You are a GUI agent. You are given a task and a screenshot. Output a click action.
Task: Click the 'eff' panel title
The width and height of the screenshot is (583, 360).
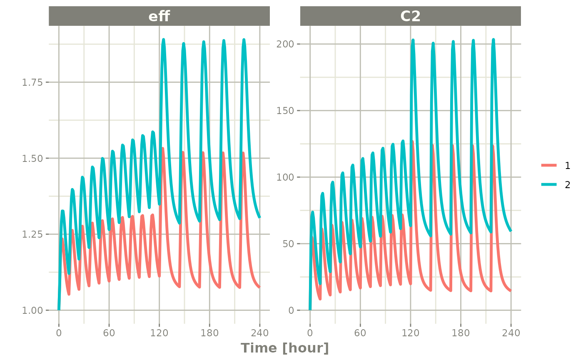[x=159, y=16]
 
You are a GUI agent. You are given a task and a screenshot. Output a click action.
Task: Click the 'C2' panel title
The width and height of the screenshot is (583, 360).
[x=410, y=16]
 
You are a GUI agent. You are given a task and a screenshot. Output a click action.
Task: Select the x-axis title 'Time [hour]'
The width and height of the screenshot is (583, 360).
[x=285, y=348]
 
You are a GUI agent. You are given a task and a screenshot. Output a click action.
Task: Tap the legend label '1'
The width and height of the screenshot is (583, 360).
[x=568, y=166]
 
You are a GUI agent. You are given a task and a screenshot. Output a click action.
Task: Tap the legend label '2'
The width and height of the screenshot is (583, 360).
[x=568, y=185]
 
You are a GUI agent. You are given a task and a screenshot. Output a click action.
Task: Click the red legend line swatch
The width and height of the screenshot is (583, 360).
[x=549, y=166]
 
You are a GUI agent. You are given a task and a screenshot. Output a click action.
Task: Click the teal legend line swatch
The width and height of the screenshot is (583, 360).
[x=549, y=185]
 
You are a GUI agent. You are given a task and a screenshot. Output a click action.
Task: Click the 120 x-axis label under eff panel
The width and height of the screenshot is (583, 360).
[x=159, y=333]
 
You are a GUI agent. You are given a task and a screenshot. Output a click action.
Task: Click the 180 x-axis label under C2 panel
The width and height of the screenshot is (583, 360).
[x=461, y=333]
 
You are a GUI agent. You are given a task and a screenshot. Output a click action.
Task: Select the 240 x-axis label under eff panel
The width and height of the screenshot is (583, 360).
[x=260, y=333]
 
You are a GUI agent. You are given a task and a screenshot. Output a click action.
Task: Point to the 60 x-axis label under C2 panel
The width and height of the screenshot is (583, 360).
[x=360, y=333]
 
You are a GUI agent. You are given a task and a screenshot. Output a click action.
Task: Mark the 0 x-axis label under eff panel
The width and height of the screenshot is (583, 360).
[x=59, y=333]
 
